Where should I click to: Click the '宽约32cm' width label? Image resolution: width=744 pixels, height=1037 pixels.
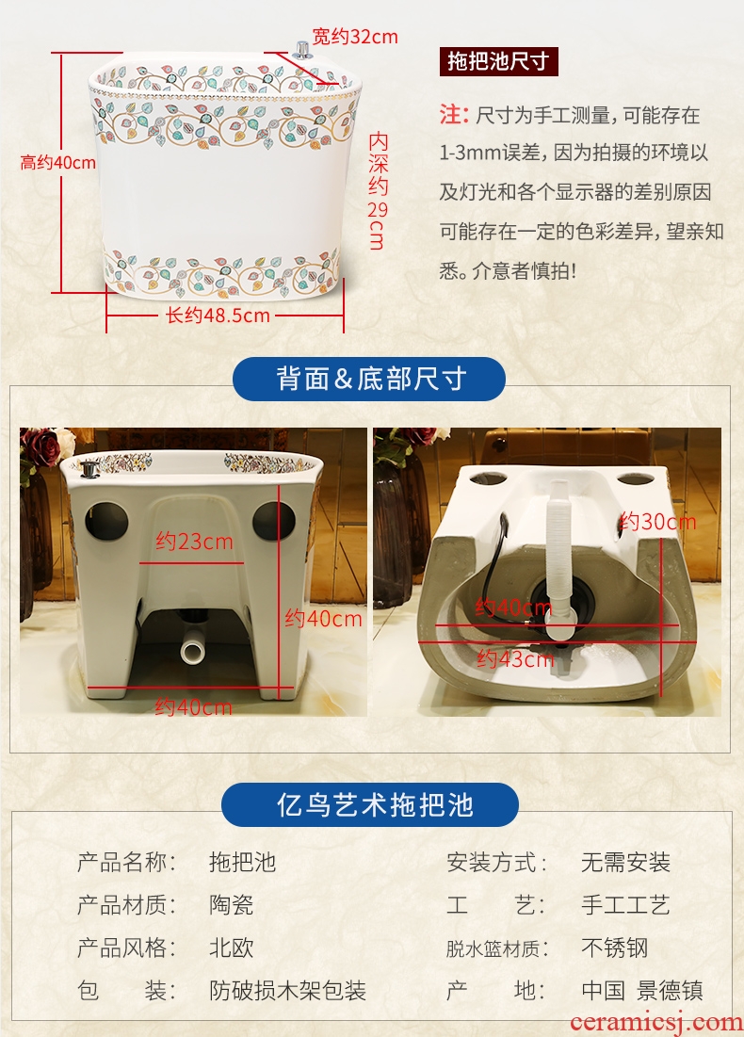pos(355,37)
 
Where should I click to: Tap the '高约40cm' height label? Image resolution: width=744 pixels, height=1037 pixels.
pos(58,162)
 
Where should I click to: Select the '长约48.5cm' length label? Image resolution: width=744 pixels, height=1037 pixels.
pos(218,315)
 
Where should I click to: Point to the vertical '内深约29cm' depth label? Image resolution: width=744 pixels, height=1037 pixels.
pos(378,190)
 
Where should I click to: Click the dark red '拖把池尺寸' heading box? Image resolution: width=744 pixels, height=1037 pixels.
pos(498,61)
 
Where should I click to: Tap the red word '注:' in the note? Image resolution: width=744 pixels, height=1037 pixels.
pos(454,115)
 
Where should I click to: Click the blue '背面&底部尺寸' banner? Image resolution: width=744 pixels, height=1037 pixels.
pos(369,379)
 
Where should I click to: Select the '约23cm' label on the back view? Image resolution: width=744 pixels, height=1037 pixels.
pos(194,542)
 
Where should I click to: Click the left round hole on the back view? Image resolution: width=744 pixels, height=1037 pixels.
pos(106,520)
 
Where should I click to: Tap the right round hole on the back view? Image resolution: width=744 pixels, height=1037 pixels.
pos(273,520)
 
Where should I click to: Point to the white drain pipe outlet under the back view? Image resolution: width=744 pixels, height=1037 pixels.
pos(193,651)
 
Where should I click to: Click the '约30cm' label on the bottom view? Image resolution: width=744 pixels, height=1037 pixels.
pos(657,522)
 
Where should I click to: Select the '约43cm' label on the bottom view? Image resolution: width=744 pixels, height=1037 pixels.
pos(515,658)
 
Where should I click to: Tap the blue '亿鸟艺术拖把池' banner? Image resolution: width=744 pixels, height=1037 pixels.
pos(370,805)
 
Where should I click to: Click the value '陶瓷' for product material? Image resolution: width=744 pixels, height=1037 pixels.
pos(232,905)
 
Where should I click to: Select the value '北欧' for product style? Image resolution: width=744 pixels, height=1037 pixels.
pos(232,948)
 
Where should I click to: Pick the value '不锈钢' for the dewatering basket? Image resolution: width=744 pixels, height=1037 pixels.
pos(615,948)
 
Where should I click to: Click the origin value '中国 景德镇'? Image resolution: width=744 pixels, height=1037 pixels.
pos(642,990)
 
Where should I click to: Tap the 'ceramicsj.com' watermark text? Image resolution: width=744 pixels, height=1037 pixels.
pos(656,1023)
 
